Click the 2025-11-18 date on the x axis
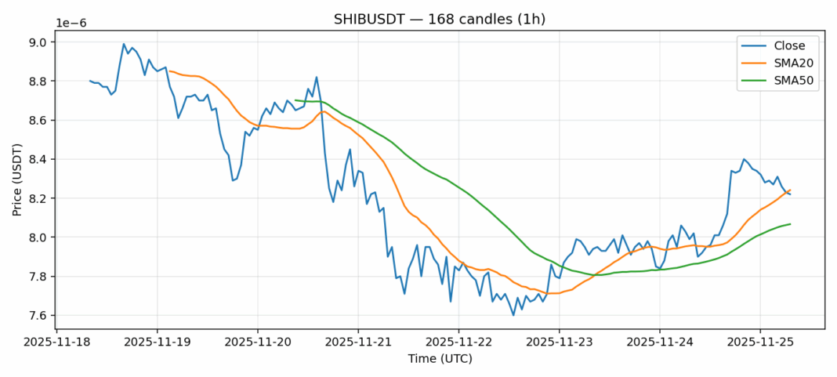click(x=57, y=343)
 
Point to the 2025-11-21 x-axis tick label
click(x=358, y=343)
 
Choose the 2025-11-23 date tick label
click(x=559, y=343)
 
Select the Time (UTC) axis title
click(x=438, y=358)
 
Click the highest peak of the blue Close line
click(x=124, y=44)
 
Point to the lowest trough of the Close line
click(x=513, y=315)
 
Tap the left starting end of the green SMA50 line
click(x=295, y=100)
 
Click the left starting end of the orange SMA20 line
click(x=170, y=71)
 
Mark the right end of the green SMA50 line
click(x=790, y=224)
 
